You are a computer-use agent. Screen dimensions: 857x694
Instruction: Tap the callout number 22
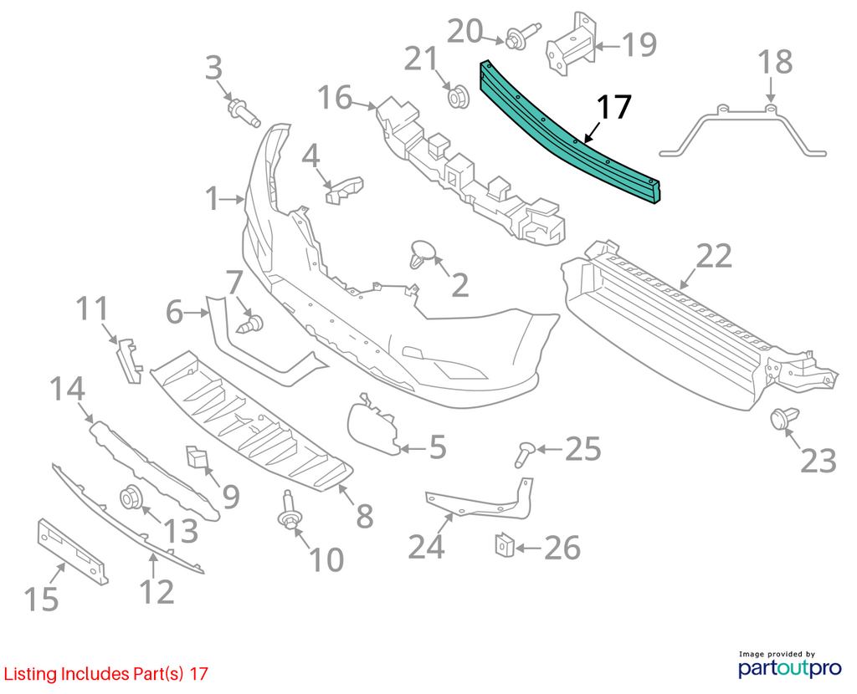click(713, 257)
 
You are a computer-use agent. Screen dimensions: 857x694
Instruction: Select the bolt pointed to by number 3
click(244, 111)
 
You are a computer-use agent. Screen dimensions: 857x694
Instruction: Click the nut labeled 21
click(459, 96)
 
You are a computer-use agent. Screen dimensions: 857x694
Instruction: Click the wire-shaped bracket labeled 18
click(743, 129)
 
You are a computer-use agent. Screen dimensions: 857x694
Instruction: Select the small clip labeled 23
click(784, 419)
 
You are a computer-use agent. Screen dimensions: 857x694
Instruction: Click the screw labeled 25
click(525, 454)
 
